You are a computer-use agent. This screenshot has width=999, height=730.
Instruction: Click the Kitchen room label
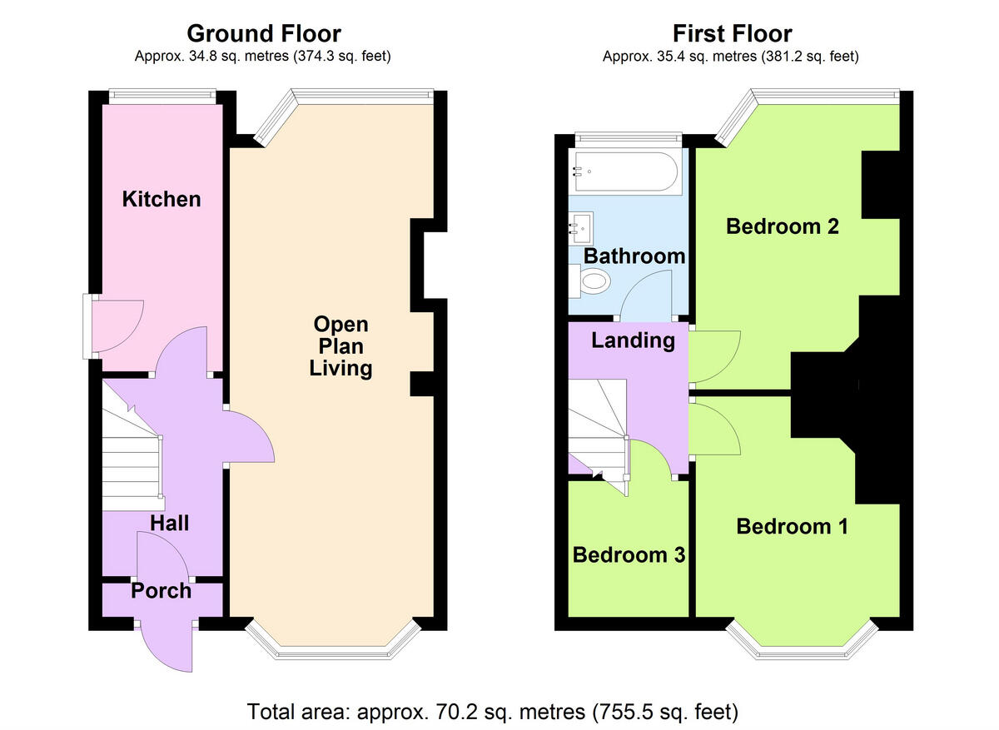coord(162,199)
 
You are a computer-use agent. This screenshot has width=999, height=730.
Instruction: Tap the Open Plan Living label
coord(340,346)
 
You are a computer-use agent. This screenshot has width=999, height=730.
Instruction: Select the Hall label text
coord(170,523)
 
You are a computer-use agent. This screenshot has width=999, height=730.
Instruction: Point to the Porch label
coord(161,591)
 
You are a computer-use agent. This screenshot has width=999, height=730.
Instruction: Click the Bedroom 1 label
coord(792,527)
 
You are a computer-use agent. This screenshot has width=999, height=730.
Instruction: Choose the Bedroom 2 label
coord(783,226)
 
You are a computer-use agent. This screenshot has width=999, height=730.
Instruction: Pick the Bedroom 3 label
coord(629,555)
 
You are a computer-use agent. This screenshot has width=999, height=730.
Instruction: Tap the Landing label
coord(633,341)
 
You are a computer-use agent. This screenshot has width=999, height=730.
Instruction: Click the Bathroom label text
coord(634,256)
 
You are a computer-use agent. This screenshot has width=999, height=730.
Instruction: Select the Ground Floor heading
coord(264,33)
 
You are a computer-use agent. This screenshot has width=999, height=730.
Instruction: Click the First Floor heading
coord(733,33)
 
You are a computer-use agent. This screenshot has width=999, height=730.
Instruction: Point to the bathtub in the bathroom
coord(628,172)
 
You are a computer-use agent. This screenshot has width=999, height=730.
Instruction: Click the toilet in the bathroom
coord(589,281)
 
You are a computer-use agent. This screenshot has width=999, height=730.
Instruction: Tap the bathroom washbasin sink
coord(581,228)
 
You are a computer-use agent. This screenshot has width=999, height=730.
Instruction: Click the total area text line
coord(493,712)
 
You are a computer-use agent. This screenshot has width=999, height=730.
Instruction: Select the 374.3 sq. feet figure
coord(342,57)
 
